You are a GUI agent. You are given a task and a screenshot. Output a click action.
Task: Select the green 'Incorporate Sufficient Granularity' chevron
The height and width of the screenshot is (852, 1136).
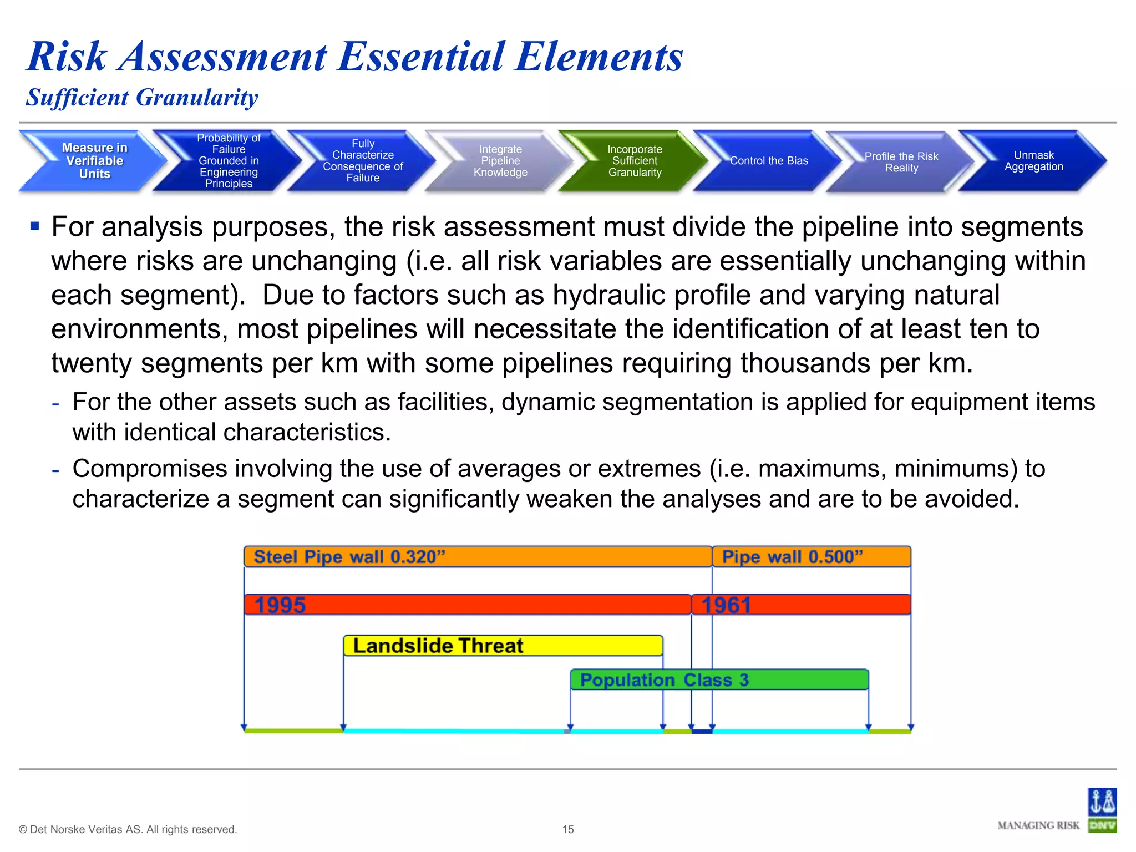[634, 161]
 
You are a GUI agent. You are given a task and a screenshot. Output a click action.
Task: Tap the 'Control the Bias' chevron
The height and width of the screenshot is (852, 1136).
[768, 161]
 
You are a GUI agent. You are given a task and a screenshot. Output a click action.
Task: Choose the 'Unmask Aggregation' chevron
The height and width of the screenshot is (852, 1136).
[1033, 161]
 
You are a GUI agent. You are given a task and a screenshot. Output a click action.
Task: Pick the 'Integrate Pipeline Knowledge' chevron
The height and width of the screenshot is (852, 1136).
[500, 161]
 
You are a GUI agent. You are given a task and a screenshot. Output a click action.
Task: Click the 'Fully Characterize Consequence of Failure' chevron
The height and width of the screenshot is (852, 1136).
[363, 161]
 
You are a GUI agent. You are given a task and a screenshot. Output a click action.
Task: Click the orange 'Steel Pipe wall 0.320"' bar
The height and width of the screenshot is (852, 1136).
[477, 556]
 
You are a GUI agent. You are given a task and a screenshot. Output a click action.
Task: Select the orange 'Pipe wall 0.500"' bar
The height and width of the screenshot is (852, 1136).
[811, 556]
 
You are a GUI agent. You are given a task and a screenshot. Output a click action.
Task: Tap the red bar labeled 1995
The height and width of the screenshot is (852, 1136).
[467, 605]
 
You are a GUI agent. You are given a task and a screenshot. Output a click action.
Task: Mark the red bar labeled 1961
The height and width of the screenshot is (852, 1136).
[801, 605]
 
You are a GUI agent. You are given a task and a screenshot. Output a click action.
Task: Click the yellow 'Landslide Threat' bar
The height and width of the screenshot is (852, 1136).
[503, 646]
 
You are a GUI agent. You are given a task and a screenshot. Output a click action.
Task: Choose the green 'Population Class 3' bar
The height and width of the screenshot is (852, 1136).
[719, 679]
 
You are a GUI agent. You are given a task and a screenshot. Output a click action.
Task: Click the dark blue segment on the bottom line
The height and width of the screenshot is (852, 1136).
[702, 731]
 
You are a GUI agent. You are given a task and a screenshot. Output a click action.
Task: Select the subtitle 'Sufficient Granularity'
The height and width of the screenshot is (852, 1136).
[142, 98]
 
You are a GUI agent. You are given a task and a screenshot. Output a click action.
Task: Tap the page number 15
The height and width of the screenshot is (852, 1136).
[567, 829]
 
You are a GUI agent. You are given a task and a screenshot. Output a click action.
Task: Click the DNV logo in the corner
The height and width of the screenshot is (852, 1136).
[1102, 810]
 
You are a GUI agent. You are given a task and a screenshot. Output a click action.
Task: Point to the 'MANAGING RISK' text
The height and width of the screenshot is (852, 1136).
[1038, 826]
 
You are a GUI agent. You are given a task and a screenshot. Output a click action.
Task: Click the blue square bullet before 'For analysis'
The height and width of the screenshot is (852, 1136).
[35, 226]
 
